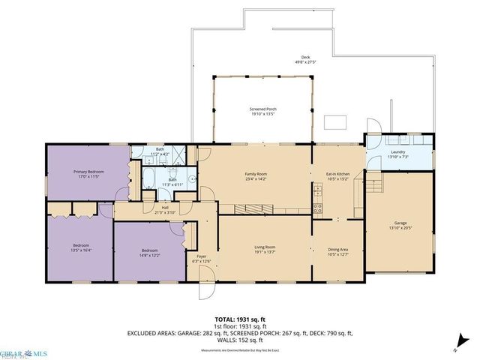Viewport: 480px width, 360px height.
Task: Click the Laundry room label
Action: pyautogui.click(x=398, y=154)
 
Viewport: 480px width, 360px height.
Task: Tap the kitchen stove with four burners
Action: pyautogui.click(x=317, y=208)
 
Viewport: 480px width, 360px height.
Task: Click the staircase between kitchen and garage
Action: pyautogui.click(x=373, y=184)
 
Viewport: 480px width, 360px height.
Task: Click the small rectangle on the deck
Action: pyautogui.click(x=334, y=123)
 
